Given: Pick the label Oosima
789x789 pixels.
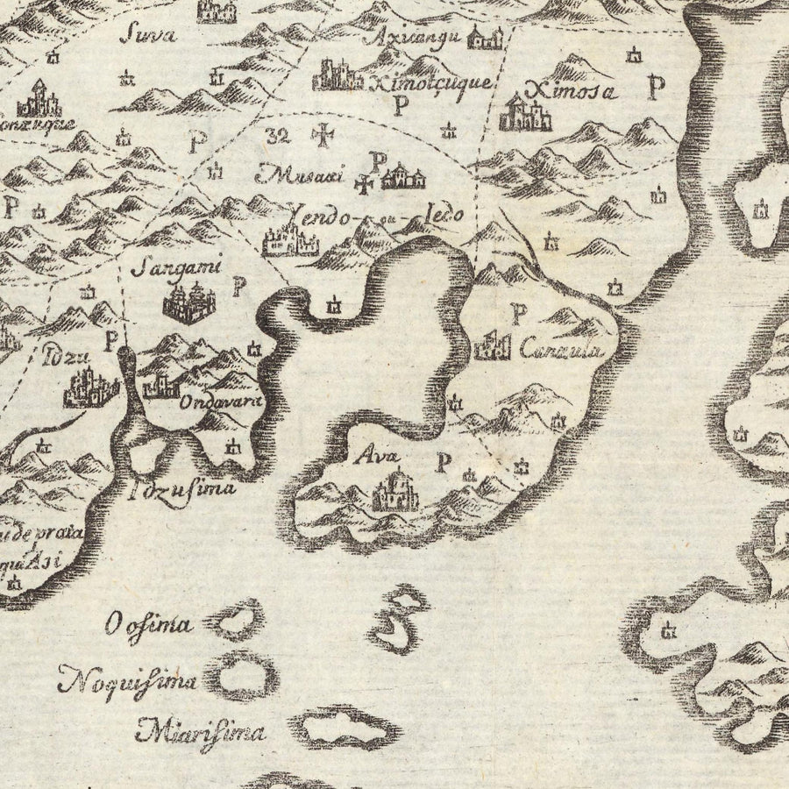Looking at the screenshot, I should (148, 625).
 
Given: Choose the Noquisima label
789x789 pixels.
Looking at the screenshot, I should (128, 679).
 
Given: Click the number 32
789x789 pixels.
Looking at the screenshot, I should (281, 135).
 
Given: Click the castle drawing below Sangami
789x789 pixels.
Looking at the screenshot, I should (188, 303).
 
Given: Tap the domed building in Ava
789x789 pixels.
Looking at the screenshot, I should (395, 491).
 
